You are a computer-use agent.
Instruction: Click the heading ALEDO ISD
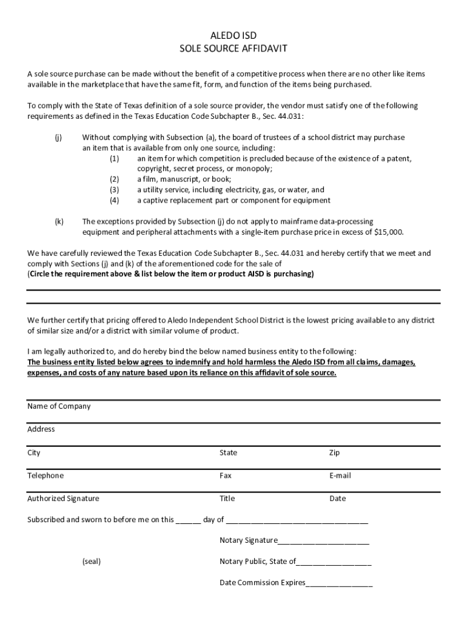click(x=233, y=36)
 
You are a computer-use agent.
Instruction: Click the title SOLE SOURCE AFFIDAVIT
click(x=233, y=48)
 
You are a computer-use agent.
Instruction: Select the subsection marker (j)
click(x=58, y=138)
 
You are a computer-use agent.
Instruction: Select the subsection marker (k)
click(x=58, y=221)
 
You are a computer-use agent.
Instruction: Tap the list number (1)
click(x=115, y=158)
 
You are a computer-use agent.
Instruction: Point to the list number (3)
click(x=115, y=190)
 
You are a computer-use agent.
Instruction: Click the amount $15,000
click(x=389, y=232)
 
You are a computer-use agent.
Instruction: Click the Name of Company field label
click(x=59, y=406)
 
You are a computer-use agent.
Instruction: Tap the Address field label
click(x=41, y=429)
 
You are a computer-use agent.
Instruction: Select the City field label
click(x=34, y=453)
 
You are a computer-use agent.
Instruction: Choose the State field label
click(x=228, y=453)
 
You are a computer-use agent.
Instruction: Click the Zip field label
click(x=334, y=453)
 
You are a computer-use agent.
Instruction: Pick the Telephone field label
click(x=45, y=476)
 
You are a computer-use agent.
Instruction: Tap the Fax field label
click(x=226, y=476)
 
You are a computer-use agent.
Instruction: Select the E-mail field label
click(x=340, y=476)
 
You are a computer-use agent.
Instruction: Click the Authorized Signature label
click(x=63, y=498)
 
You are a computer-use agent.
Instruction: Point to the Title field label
click(x=227, y=498)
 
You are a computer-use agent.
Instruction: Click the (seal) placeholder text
click(x=92, y=562)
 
